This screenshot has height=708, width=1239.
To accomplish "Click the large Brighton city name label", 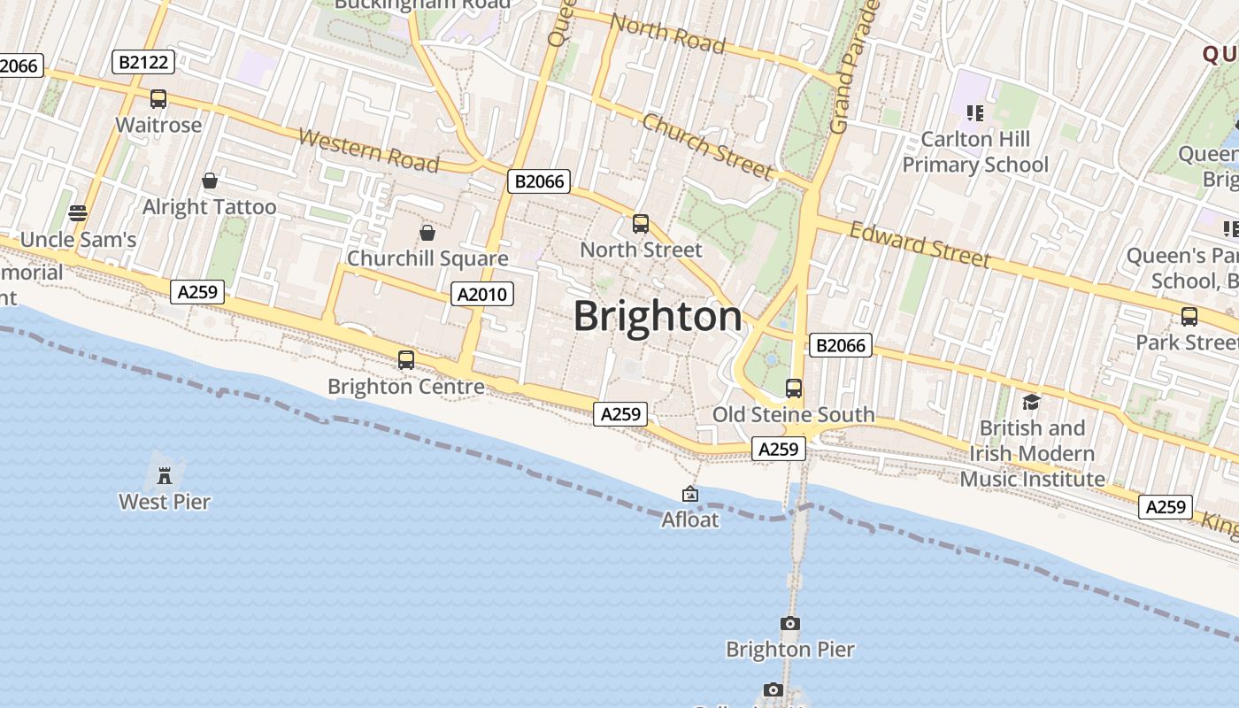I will [658, 316].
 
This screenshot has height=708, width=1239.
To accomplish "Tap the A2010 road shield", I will [482, 294].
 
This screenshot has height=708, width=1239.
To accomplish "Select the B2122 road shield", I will [143, 61].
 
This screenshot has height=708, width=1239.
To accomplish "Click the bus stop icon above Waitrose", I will [158, 99].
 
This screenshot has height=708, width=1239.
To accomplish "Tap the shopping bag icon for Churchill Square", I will [427, 233].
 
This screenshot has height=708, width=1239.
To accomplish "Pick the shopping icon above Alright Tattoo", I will [210, 181].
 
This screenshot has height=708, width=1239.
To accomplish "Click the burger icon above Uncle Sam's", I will [78, 213].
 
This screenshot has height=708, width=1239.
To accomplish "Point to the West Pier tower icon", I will [165, 475].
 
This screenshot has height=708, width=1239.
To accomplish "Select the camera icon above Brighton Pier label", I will [790, 624].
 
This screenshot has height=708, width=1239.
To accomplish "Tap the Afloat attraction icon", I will [690, 494].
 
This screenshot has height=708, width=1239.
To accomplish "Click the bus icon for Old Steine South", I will [794, 389].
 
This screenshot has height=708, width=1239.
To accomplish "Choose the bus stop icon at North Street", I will [641, 224].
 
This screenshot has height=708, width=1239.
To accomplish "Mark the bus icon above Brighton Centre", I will [406, 360].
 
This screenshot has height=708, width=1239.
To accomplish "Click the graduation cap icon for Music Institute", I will [1031, 403].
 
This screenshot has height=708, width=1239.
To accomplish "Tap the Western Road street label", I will [369, 150].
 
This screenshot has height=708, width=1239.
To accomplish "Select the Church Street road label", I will [708, 146].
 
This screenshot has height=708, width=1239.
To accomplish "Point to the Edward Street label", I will [920, 244].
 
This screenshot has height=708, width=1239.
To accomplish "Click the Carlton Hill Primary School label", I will [975, 152].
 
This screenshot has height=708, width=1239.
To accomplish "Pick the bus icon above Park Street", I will [1189, 317].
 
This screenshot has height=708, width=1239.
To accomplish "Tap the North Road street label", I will [668, 34].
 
